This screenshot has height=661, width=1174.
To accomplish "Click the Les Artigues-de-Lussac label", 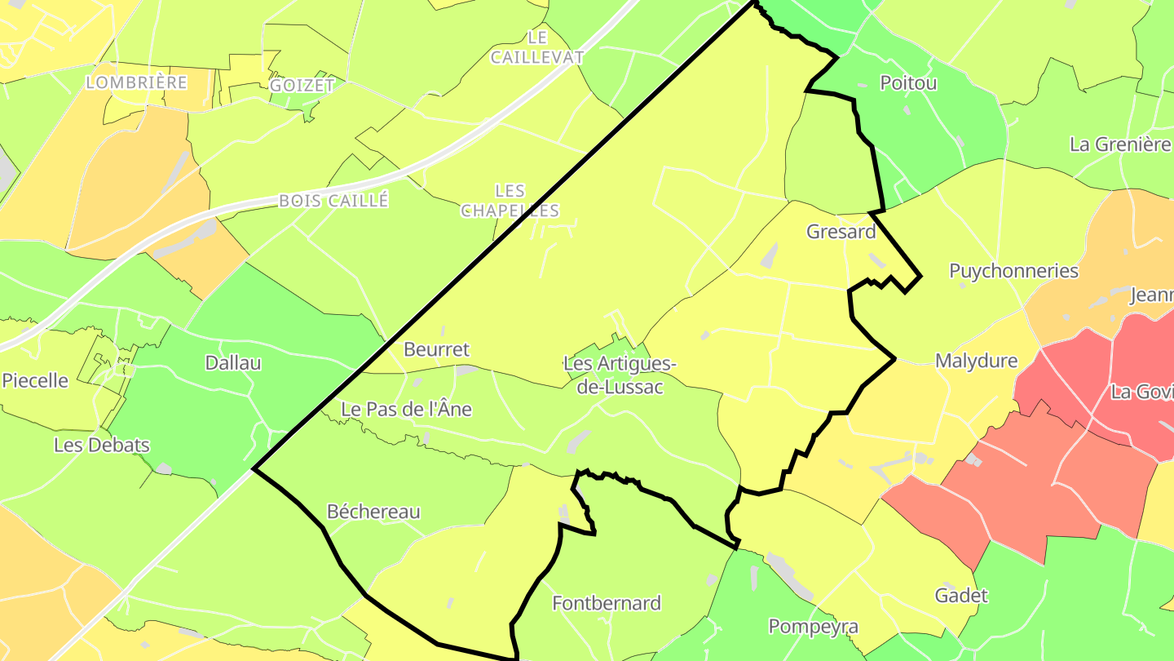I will pyautogui.click(x=620, y=375).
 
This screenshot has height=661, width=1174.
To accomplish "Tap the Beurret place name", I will pyautogui.click(x=437, y=349).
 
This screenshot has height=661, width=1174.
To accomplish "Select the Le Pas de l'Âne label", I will pyautogui.click(x=406, y=409).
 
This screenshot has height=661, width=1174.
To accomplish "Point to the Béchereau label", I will pyautogui.click(x=373, y=512).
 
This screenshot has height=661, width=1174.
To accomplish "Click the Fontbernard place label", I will pyautogui.click(x=607, y=603).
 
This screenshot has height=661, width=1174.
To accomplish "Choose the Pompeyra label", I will pyautogui.click(x=814, y=626).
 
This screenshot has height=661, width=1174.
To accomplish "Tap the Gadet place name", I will pyautogui.click(x=961, y=595).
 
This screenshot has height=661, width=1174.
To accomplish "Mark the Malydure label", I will pyautogui.click(x=976, y=361).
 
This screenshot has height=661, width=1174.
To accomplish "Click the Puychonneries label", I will pyautogui.click(x=1013, y=271).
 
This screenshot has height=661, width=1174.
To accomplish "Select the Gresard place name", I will pyautogui.click(x=841, y=232).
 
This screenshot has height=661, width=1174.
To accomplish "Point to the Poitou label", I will pyautogui.click(x=908, y=82).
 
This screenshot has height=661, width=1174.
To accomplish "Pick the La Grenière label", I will pyautogui.click(x=1119, y=144).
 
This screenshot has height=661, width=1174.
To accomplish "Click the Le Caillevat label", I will pyautogui.click(x=537, y=47).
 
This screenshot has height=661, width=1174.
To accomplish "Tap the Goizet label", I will pyautogui.click(x=302, y=85).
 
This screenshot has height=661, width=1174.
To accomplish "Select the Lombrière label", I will pyautogui.click(x=137, y=82).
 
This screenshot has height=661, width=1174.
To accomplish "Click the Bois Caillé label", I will pyautogui.click(x=333, y=200).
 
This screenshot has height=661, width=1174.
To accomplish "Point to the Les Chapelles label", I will pyautogui.click(x=510, y=201).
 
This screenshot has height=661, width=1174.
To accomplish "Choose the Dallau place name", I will pyautogui.click(x=233, y=363).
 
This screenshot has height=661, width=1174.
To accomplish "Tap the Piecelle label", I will pyautogui.click(x=35, y=380).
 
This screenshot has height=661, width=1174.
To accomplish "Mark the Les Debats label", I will pyautogui.click(x=102, y=445).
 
